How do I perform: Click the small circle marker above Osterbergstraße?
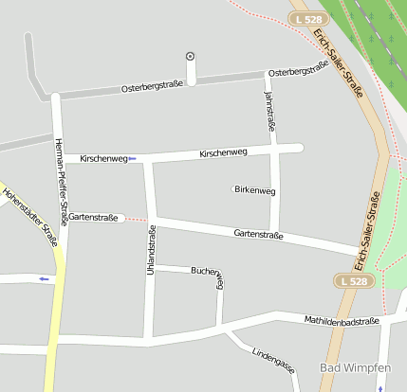pyautogui.click(x=191, y=56)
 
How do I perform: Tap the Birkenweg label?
pyautogui.click(x=254, y=190)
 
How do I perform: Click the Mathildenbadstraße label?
pyautogui.click(x=342, y=321)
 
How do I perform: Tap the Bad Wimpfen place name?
pyautogui.click(x=355, y=367)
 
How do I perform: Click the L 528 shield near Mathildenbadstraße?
pyautogui.click(x=352, y=281)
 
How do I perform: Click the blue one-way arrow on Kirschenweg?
pyautogui.click(x=133, y=158)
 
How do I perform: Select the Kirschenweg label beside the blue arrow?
pyautogui.click(x=103, y=158)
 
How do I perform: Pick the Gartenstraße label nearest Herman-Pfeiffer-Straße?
pyautogui.click(x=93, y=218)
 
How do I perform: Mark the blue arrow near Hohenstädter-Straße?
pyautogui.click(x=43, y=278)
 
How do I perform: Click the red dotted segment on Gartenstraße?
pyautogui.click(x=138, y=219)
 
